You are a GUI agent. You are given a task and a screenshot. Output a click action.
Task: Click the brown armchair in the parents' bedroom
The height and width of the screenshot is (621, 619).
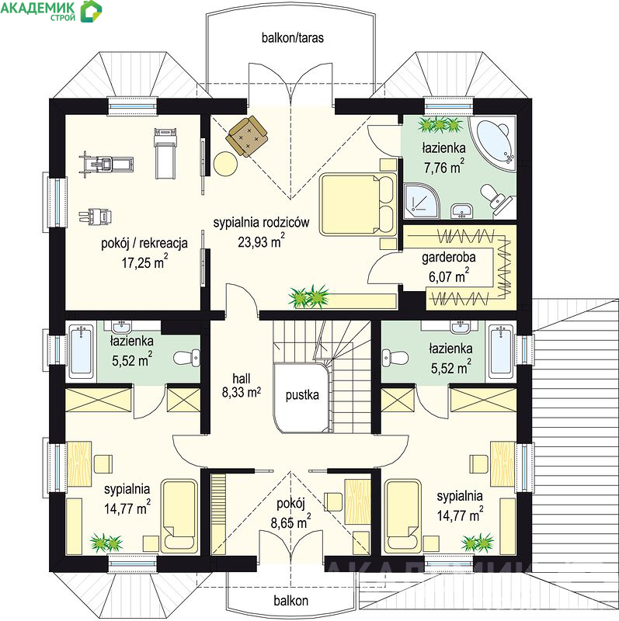246,137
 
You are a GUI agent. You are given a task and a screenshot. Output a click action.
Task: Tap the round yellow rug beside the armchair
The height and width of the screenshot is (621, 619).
225,164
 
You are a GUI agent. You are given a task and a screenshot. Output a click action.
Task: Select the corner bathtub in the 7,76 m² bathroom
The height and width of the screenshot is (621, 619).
494,144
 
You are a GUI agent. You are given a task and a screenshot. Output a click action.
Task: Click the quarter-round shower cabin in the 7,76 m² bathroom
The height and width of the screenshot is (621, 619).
421,201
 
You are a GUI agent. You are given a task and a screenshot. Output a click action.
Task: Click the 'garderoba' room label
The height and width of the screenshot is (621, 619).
449,258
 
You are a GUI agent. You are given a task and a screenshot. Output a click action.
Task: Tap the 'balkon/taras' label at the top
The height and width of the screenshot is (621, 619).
293,37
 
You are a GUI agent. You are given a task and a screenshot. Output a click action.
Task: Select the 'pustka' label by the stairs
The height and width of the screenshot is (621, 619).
302,395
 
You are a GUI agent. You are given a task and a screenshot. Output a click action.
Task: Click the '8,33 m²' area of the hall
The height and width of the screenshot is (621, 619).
241,392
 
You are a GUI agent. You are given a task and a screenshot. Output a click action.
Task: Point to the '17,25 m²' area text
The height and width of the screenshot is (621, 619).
144,262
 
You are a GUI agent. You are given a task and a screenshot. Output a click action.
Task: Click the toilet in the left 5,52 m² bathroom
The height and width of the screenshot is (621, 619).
187,357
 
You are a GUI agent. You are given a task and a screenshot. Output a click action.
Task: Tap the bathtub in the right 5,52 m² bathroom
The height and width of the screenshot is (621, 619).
501,352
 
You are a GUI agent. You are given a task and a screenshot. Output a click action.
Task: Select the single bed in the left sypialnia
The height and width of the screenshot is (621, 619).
179,516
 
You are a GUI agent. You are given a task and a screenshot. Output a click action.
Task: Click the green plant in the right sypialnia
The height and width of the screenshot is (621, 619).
478,543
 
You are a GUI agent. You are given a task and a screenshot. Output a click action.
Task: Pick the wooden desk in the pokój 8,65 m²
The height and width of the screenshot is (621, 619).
357,501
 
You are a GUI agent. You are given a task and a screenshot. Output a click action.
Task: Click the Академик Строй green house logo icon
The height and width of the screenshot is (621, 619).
91,11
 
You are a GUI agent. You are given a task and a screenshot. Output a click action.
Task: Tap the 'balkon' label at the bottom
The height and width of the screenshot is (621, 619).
291,601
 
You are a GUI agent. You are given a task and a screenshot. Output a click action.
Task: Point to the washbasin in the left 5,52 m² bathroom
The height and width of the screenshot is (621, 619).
121,327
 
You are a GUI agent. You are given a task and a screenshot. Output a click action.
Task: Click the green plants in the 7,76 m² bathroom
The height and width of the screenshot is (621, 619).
439,125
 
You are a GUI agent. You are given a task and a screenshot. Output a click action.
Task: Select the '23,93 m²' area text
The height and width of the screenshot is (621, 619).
261,241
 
